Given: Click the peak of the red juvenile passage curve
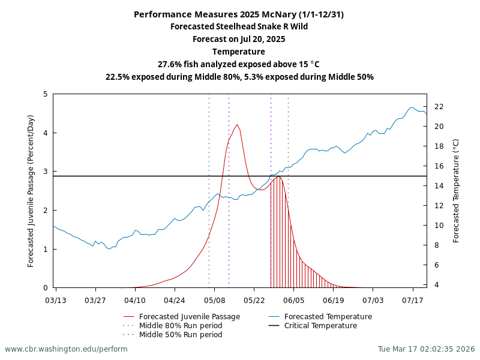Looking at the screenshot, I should point(237,125).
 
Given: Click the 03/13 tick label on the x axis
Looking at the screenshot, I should point(56,300).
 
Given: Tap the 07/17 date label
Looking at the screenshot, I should point(413,300).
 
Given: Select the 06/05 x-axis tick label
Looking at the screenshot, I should point(294,300).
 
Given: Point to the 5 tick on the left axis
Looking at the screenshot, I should point(46,94).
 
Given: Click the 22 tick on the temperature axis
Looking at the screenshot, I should point(439,107).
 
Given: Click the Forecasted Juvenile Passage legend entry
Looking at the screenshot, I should point(189,317).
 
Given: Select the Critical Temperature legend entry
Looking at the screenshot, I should point(320,326).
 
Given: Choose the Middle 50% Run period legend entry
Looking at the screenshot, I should point(180,335).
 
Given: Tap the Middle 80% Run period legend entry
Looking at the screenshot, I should point(180,326).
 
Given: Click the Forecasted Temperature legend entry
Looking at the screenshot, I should point(328,317).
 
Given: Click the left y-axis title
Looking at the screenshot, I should point(31,191).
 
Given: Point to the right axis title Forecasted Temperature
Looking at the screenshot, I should point(456,191).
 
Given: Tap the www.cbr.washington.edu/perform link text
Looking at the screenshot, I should point(66,349).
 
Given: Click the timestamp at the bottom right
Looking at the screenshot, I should point(426,349).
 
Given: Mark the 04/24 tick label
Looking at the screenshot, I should point(175,300).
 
